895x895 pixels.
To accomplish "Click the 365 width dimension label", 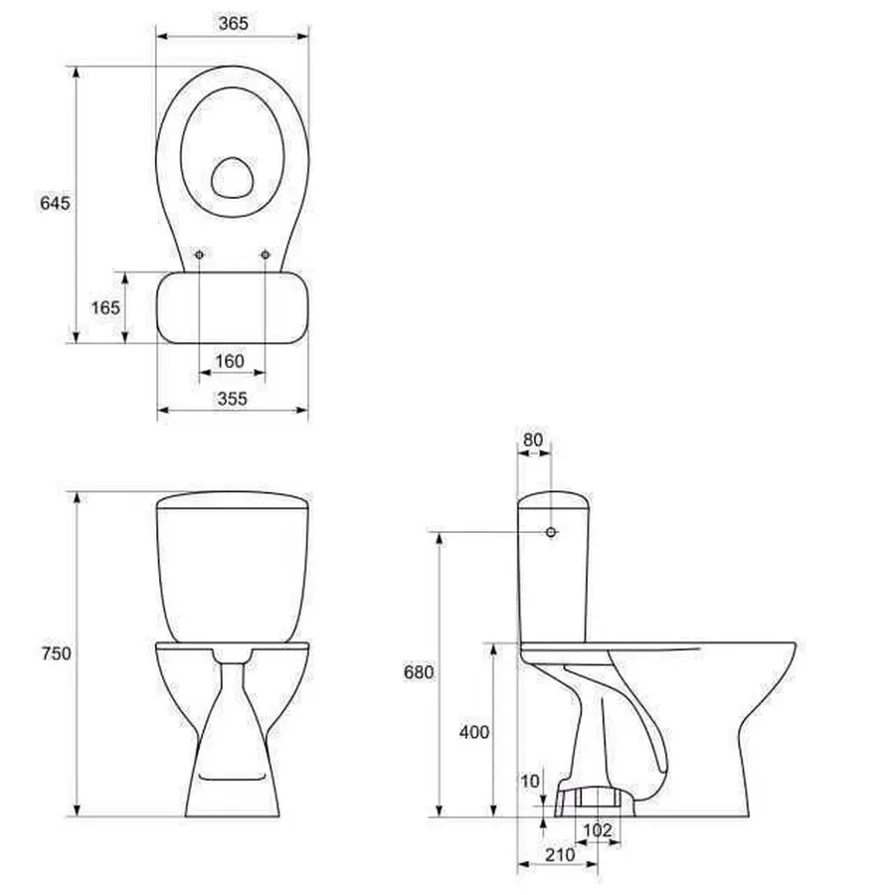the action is [x=233, y=24].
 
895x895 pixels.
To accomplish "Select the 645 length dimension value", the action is [x=55, y=203].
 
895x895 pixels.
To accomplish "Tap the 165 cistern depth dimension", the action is [x=105, y=307].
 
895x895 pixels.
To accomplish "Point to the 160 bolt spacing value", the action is [x=230, y=361].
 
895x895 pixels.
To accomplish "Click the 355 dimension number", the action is [x=233, y=399].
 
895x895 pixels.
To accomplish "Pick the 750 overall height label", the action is [x=56, y=653].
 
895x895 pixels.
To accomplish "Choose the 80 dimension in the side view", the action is [x=533, y=441].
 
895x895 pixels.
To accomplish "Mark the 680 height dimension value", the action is [x=419, y=672].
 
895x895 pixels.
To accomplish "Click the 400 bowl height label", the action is [x=473, y=732].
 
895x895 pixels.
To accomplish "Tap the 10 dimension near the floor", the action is [x=530, y=781].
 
